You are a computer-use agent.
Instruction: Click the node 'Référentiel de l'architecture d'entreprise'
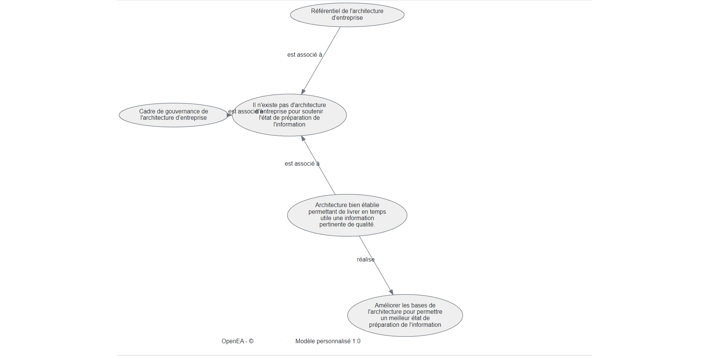tap(347, 15)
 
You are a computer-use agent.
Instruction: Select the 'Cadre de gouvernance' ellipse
tap(173, 115)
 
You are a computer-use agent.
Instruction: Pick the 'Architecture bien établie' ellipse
tap(347, 215)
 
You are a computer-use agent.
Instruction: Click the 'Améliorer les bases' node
tap(405, 315)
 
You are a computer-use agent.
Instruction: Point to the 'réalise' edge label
tap(366, 260)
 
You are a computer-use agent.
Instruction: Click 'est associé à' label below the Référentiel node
tap(304, 55)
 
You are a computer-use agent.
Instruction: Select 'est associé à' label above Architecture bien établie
tap(302, 164)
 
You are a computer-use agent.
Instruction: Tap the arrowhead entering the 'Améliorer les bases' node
tap(391, 292)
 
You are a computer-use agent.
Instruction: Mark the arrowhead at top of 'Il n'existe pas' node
tap(303, 91)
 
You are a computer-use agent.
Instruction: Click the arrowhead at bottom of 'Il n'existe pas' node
tap(303, 138)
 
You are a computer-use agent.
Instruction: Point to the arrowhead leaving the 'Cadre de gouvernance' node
tap(229, 115)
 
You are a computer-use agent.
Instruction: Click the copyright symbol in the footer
tap(251, 341)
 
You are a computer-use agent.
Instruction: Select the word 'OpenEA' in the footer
tap(232, 341)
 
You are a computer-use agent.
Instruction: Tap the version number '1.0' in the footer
tap(356, 341)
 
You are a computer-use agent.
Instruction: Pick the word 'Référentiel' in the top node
tap(325, 11)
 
